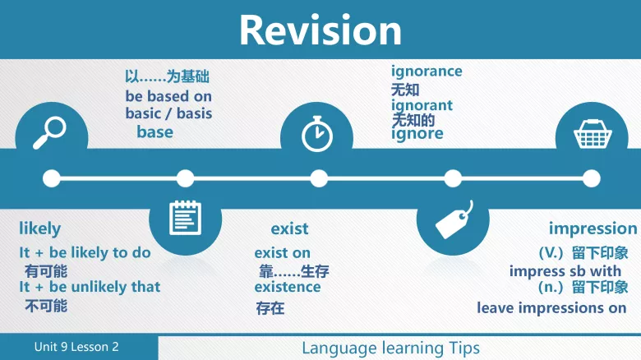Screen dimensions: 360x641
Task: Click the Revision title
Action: (320, 30)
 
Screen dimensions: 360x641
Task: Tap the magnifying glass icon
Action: (49, 132)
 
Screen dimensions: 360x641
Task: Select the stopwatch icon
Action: (317, 135)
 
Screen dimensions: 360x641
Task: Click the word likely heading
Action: (39, 228)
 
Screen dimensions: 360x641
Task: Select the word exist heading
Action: (289, 228)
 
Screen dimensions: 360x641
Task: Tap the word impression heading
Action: (593, 228)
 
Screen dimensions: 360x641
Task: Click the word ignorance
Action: (427, 72)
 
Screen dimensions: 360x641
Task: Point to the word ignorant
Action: (422, 105)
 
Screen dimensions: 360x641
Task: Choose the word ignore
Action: (417, 133)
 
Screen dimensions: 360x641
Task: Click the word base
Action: (154, 132)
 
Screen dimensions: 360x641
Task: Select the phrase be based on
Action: (168, 96)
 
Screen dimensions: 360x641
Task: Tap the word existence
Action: (288, 287)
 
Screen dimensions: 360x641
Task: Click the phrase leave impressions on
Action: (551, 308)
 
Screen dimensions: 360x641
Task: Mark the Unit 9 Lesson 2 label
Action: (76, 347)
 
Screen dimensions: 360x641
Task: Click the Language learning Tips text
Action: (390, 348)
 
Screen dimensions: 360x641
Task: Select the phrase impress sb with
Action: (565, 270)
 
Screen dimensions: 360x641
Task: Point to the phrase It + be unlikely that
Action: (90, 287)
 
